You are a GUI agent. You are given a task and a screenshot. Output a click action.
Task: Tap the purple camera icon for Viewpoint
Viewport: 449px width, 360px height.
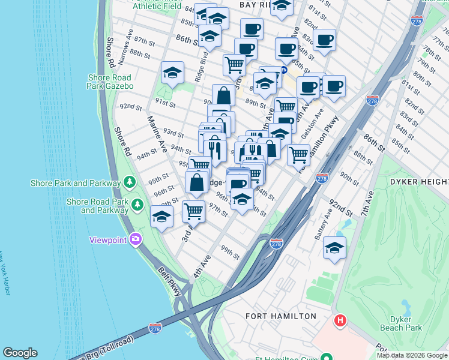coord(135,240)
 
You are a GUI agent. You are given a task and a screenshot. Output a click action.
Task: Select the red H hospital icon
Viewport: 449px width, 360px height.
coord(340,321)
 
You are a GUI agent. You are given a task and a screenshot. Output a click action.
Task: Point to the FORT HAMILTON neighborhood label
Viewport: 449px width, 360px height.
coord(281,316)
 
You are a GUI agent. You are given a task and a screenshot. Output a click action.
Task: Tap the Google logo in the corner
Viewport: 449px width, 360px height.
coord(20,353)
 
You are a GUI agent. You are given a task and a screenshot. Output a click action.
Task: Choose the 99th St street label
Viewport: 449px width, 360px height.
coord(230,253)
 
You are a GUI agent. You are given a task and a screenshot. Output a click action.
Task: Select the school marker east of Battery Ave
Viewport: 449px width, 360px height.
coord(335,247)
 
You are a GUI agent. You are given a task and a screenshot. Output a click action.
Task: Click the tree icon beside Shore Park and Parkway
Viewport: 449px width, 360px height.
coord(129,182)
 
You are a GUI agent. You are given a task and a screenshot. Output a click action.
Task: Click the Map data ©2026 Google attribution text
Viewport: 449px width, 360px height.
coord(412,355)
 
